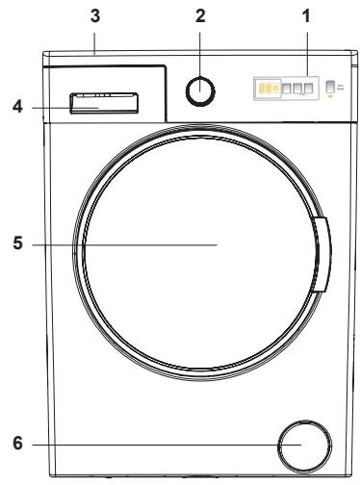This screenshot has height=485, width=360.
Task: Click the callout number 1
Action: coord(306,17)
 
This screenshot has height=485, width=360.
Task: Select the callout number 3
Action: coord(93,17)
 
